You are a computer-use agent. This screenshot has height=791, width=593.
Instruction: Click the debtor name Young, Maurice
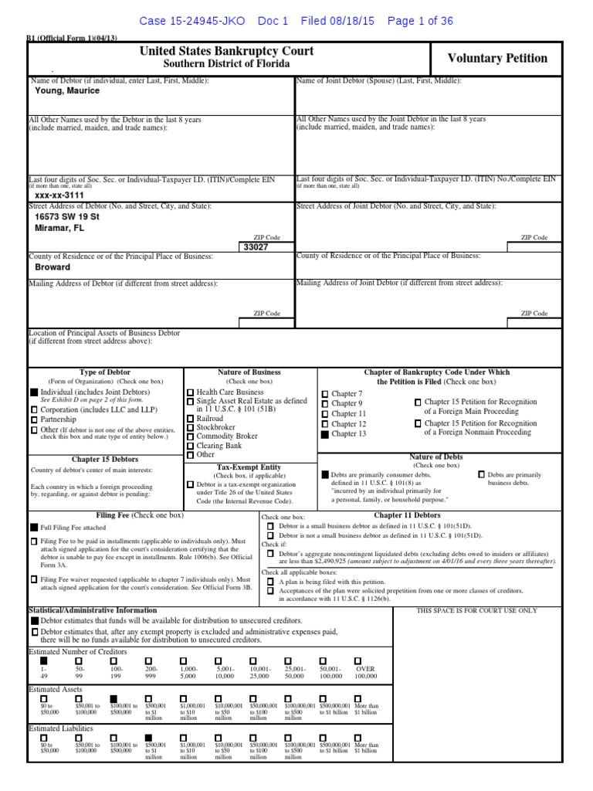click(x=67, y=90)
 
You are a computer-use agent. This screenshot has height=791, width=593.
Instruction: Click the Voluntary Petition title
click(x=497, y=59)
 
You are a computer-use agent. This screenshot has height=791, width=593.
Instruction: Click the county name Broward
click(x=53, y=267)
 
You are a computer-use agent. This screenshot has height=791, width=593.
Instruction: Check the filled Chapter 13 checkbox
click(x=325, y=434)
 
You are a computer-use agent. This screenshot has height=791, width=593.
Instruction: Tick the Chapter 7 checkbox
click(x=325, y=394)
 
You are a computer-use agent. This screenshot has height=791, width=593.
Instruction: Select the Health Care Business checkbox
click(x=190, y=392)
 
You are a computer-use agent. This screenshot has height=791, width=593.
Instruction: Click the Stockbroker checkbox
click(x=190, y=426)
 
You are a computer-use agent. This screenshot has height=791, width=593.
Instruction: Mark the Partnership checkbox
click(x=34, y=419)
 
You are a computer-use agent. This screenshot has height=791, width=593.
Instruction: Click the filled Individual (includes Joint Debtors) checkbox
click(x=34, y=392)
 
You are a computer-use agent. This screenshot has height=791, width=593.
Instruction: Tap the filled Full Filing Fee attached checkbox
click(x=34, y=526)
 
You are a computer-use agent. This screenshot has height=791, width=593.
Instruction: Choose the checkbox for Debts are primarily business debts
click(x=482, y=474)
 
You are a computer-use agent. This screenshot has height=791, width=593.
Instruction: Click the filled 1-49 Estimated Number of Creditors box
click(x=43, y=660)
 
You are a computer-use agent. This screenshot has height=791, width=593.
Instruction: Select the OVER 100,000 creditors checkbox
click(x=357, y=660)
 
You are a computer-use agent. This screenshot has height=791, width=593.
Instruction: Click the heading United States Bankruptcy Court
click(x=226, y=51)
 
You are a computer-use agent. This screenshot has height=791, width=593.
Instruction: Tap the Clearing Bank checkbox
click(x=190, y=446)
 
